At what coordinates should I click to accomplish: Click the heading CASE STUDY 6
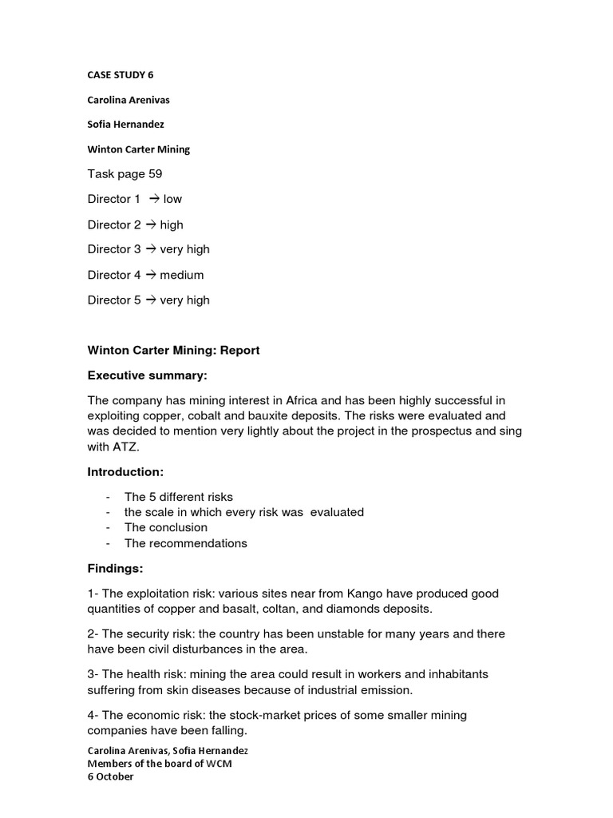point(120,75)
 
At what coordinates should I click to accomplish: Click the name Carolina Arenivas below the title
point(129,100)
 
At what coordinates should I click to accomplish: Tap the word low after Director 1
point(172,199)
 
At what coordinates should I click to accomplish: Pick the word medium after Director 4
point(181,275)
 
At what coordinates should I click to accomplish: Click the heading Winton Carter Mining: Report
point(173,350)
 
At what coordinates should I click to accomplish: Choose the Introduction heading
point(125,472)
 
